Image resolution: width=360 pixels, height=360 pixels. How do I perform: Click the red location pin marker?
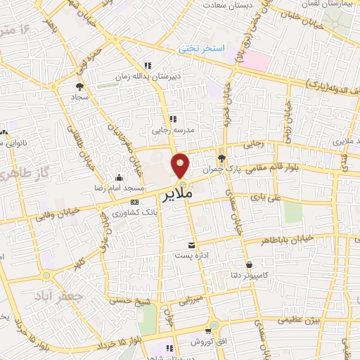(x=180, y=165)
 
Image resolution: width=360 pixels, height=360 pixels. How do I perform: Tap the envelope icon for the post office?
(x=192, y=245)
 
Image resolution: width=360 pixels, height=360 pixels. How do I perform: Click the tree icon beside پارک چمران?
(x=222, y=157)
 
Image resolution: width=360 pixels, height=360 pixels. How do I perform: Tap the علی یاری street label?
(x=269, y=199)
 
